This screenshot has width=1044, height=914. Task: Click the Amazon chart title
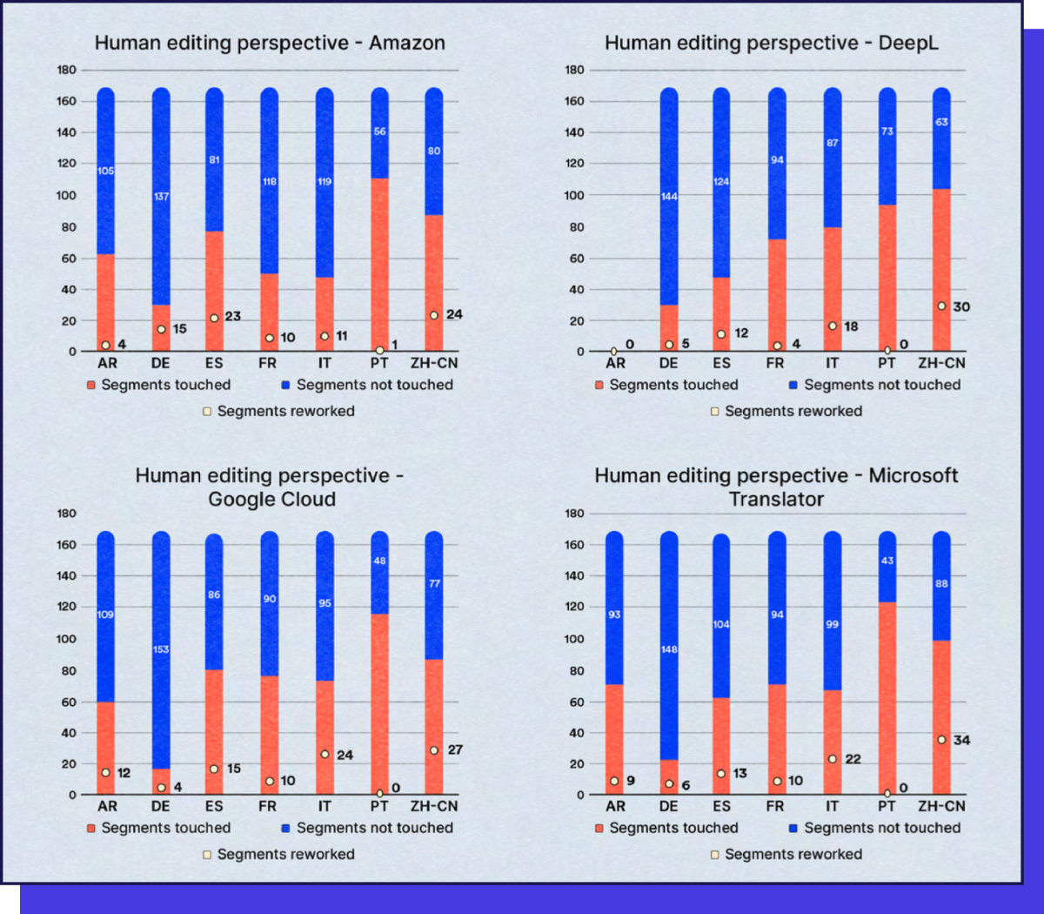point(270,43)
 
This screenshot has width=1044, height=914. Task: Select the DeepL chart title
point(772,43)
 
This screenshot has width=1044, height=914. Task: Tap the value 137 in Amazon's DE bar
point(161,197)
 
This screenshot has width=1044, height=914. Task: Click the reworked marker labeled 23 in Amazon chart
point(214,318)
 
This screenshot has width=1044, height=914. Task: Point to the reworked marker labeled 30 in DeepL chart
point(941,306)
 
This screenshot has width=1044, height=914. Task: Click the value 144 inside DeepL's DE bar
point(669,197)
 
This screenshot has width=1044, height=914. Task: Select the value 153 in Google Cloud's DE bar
point(161,649)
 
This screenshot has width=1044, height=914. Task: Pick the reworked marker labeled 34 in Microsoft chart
point(941,740)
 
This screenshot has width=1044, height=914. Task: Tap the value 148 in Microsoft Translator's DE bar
point(669,649)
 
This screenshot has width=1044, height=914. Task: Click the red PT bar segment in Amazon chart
point(379,261)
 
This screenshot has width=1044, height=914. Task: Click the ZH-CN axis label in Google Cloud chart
point(434,807)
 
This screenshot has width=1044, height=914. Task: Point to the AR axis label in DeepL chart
point(615,364)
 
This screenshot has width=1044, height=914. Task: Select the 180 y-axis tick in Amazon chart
point(67,70)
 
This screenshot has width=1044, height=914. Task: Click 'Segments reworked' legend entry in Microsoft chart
point(786,855)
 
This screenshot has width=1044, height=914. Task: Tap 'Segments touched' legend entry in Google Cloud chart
point(158,829)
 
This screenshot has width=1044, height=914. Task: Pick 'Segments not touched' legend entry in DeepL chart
point(874,385)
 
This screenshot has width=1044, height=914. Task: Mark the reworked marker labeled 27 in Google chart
point(433,750)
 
